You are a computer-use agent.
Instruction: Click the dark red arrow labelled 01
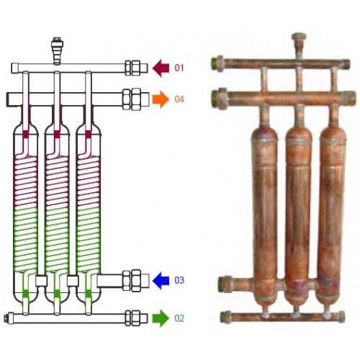(161, 68)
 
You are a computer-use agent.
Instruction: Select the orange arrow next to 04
(161, 99)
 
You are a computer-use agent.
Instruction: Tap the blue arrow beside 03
(161, 280)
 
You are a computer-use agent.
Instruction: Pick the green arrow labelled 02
(161, 318)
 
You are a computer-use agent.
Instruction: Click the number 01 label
(179, 68)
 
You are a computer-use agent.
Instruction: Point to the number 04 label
(179, 99)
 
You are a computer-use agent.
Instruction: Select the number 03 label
(179, 280)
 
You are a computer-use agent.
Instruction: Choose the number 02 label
(179, 318)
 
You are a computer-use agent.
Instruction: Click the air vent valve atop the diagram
(57, 51)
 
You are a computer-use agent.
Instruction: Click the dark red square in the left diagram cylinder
(26, 135)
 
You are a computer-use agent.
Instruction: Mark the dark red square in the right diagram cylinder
(88, 135)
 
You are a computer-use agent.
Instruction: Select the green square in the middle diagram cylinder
(57, 293)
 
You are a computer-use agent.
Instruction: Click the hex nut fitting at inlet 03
(132, 280)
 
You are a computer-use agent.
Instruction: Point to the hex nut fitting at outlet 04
(132, 99)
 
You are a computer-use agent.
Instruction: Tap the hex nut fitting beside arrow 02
(132, 318)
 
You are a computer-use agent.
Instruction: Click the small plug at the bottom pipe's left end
(9, 318)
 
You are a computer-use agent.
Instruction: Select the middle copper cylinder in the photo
(298, 214)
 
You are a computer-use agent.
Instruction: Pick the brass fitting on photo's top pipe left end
(217, 63)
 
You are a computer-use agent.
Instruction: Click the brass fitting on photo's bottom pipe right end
(341, 317)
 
